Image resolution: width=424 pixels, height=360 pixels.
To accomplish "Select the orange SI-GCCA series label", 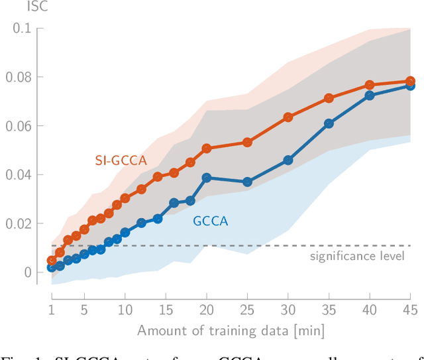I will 119,160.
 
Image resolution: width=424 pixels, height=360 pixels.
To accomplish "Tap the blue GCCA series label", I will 211,221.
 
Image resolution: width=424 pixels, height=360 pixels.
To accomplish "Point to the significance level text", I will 357,257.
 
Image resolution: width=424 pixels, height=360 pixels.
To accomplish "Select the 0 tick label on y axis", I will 27,272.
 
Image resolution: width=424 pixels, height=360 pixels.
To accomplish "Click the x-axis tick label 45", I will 410,310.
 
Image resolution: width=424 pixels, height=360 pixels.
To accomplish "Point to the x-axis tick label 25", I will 247,310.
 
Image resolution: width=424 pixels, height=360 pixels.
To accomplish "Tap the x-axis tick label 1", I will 52,310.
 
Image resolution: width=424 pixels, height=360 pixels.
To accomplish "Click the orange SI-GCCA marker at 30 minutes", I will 288,117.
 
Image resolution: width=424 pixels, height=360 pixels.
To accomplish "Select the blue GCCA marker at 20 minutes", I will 207,178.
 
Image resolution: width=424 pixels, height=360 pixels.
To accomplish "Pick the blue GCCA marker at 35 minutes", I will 329,124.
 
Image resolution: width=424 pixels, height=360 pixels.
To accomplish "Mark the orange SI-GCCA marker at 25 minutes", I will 247,143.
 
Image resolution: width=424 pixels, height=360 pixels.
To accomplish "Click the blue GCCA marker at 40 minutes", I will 370,96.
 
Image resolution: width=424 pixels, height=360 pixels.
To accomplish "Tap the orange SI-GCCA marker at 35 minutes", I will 329,98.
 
